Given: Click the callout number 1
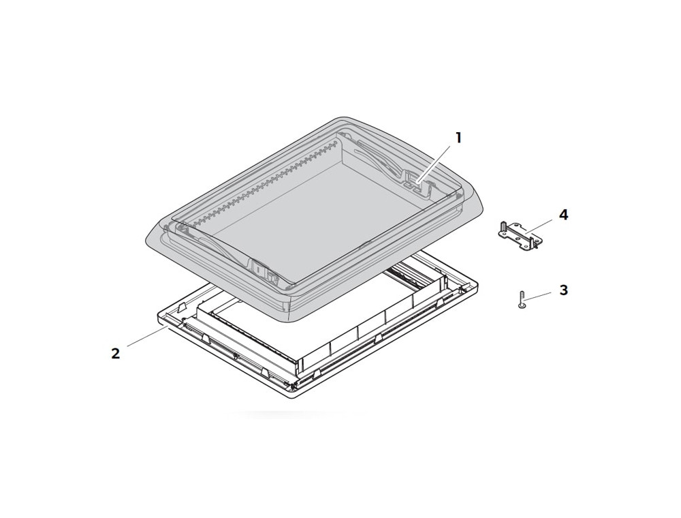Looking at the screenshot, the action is pyautogui.click(x=458, y=138).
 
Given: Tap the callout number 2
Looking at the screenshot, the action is pyautogui.click(x=116, y=353).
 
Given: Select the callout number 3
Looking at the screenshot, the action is pyautogui.click(x=563, y=290).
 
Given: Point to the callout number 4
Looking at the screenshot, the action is pyautogui.click(x=563, y=215).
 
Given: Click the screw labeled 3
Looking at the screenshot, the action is pyautogui.click(x=522, y=300).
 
